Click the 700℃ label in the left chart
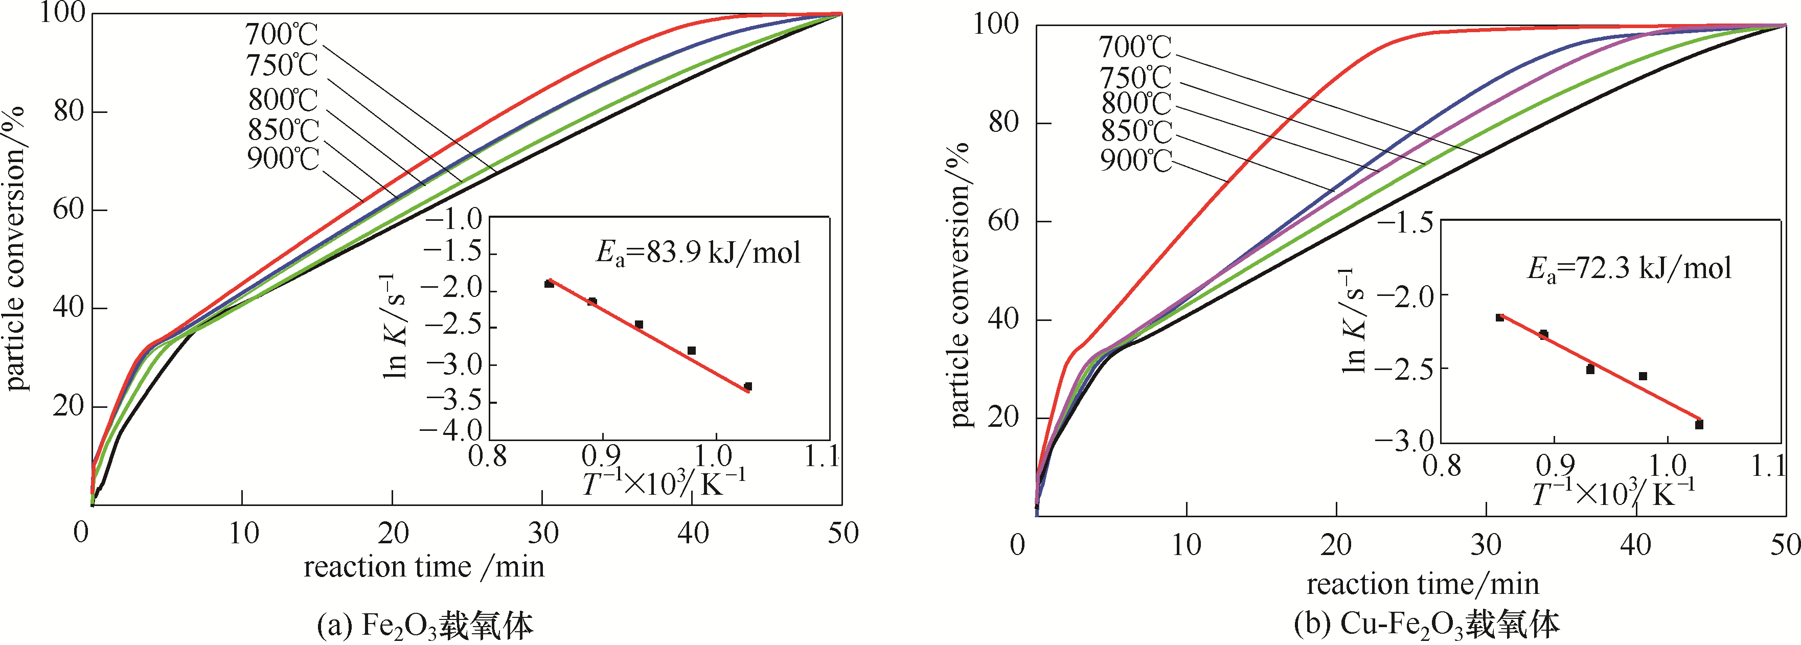(281, 34)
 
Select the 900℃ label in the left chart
(283, 159)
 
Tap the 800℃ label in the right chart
(1135, 103)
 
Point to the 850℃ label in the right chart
(1135, 131)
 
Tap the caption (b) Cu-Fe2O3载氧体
(1426, 624)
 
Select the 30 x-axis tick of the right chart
(1486, 544)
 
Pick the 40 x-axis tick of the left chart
(693, 533)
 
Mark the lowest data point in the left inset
(747, 386)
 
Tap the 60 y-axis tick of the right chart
(1004, 221)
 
